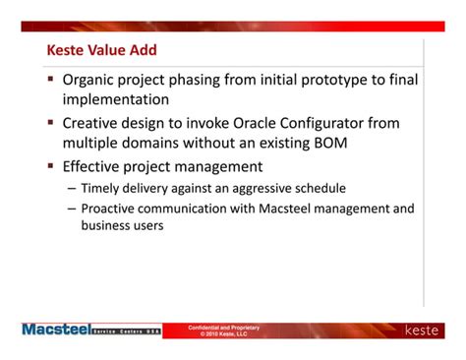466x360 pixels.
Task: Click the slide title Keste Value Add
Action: [101, 50]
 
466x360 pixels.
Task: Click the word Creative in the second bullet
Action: [92, 123]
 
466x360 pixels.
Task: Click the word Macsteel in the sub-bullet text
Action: [272, 209]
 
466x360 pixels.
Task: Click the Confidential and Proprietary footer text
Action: [223, 327]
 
